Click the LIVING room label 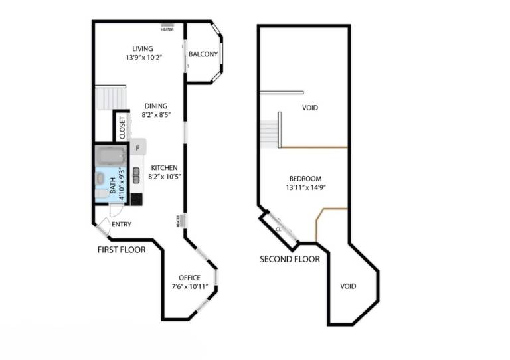(x=143, y=48)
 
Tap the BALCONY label (x=203, y=54)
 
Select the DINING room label (x=156, y=106)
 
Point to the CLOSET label (x=122, y=128)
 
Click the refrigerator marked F (x=138, y=147)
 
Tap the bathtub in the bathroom (x=111, y=155)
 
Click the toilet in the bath (x=102, y=194)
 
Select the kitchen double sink (x=137, y=175)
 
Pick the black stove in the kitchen (x=136, y=199)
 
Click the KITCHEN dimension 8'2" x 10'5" (x=165, y=177)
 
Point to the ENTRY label (x=122, y=224)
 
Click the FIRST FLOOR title (x=122, y=250)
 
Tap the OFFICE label (x=190, y=278)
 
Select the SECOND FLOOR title (x=290, y=259)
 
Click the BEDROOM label (x=305, y=179)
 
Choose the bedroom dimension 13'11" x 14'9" (x=305, y=187)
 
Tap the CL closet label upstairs (x=278, y=229)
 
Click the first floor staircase (x=111, y=98)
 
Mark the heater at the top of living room (x=167, y=27)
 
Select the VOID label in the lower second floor (x=348, y=286)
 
